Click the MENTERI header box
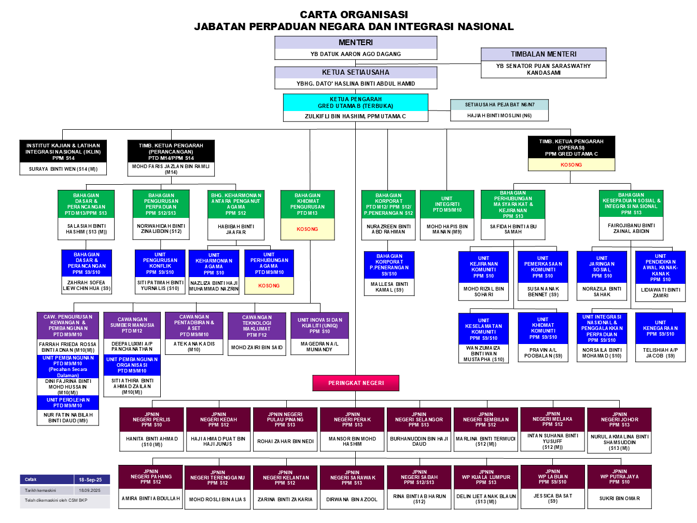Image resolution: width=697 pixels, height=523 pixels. tap(356, 43)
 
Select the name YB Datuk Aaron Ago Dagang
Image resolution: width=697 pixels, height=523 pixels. tap(356, 54)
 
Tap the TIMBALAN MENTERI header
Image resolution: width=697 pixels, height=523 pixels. tap(543, 54)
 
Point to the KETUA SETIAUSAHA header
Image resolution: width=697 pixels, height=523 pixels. tap(356, 73)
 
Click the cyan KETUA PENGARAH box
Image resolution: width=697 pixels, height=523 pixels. tap(356, 102)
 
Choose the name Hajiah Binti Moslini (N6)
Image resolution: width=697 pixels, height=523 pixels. tap(499, 116)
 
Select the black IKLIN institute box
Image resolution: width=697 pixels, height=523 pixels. tap(64, 152)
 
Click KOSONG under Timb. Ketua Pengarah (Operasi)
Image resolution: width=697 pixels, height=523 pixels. tap(571, 165)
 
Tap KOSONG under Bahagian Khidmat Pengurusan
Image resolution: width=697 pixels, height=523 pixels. tap(308, 229)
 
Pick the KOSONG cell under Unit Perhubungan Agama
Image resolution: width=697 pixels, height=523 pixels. tap(269, 286)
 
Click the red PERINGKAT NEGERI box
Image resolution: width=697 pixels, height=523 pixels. tap(356, 383)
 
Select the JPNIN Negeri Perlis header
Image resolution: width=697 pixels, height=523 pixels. tap(151, 420)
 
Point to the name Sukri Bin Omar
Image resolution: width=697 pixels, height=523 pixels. tap(619, 499)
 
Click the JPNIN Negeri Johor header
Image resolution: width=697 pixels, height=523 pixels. tap(619, 420)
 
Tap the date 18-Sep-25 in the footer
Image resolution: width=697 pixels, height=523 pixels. tap(90, 480)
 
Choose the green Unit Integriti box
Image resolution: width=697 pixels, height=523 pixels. tap(447, 204)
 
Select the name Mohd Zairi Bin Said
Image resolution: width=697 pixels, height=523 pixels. tap(257, 348)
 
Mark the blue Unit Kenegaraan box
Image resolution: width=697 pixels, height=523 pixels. tap(660, 328)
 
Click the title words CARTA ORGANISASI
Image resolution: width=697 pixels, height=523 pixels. tap(354, 15)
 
